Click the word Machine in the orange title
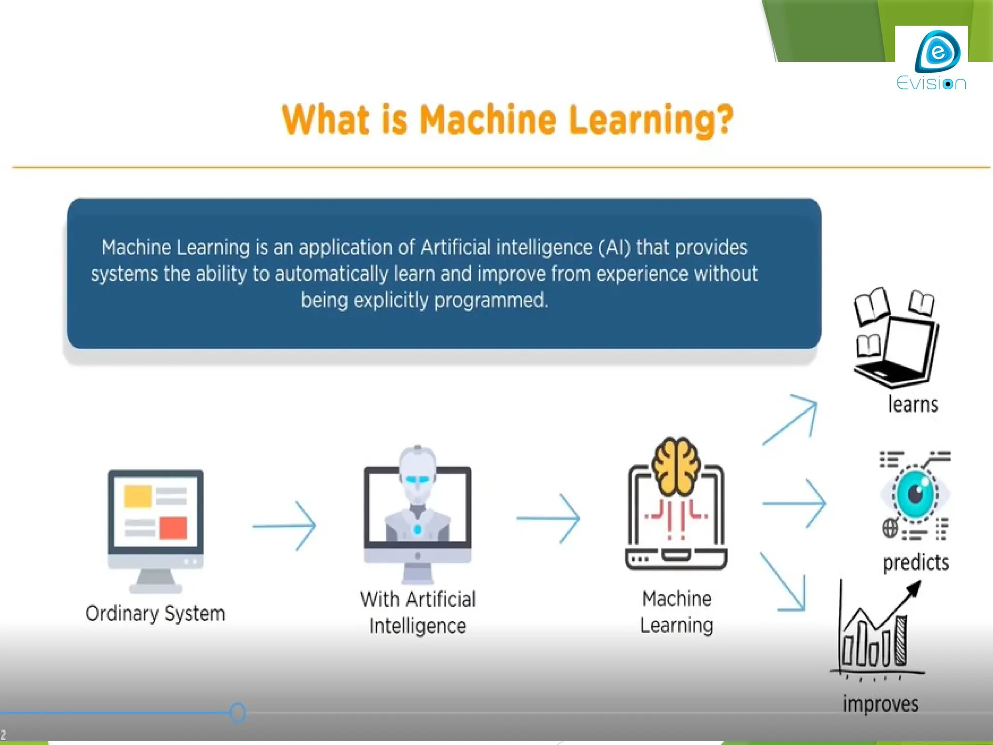coord(487,120)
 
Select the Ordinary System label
coord(155,614)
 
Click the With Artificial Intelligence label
coord(417,612)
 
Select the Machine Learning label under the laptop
coord(676,612)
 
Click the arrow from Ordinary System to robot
coord(285,526)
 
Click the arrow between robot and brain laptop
coord(548,518)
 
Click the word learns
coord(913,405)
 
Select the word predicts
coord(915,563)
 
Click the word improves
coord(880,704)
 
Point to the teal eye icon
coord(915,494)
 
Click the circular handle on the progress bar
coord(238,713)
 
